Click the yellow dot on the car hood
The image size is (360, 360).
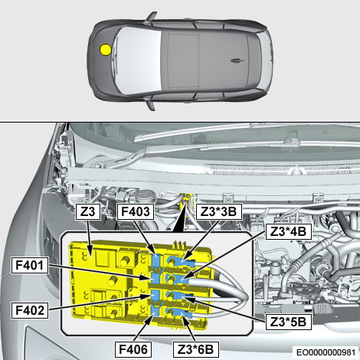click(106, 50)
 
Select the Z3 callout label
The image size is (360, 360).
click(87, 211)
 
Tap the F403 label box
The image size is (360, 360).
click(136, 211)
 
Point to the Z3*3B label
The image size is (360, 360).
click(219, 211)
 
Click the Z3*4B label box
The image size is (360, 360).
click(289, 232)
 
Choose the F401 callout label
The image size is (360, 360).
click(30, 265)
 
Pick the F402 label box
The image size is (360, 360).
click(30, 310)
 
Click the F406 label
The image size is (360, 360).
click(133, 349)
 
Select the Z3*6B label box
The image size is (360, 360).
click(196, 349)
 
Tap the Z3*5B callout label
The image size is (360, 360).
click(289, 322)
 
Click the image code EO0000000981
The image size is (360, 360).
click(326, 352)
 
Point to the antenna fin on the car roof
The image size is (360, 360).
click(237, 61)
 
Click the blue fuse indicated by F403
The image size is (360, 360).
click(156, 260)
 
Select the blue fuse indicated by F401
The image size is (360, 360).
click(156, 277)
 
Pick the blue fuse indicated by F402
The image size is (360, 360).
click(155, 296)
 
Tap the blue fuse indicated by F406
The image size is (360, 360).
click(155, 312)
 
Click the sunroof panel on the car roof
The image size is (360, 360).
click(184, 61)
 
